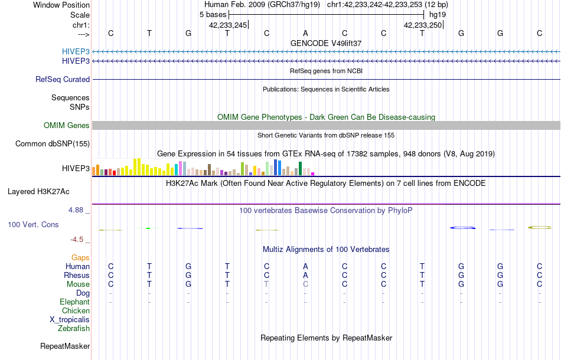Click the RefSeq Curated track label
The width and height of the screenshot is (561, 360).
click(63, 79)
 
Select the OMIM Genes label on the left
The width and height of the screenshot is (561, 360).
click(67, 125)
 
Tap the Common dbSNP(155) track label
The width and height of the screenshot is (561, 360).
click(53, 143)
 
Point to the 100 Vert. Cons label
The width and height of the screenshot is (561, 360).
click(33, 225)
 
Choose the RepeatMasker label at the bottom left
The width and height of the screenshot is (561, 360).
click(65, 346)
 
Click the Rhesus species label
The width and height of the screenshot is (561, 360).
click(77, 275)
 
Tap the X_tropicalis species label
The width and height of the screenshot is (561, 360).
click(70, 319)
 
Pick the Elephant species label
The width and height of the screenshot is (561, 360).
click(74, 302)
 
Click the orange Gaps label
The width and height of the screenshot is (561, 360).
click(80, 257)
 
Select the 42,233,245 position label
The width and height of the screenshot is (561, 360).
click(228, 25)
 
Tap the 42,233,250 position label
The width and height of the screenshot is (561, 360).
click(423, 25)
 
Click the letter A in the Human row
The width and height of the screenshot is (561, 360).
click(305, 266)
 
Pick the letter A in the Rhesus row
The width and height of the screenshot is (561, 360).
click(305, 275)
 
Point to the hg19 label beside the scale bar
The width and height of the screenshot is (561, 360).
click(437, 14)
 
